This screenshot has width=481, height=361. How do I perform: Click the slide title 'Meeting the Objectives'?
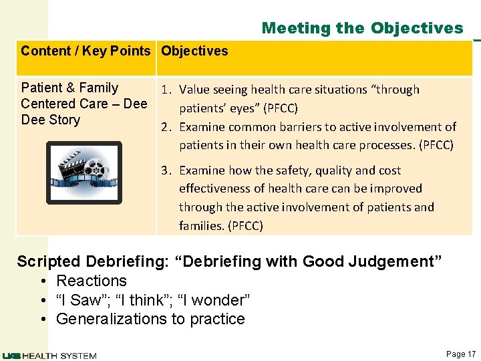(362, 28)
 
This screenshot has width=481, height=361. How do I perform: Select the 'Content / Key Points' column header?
(86, 51)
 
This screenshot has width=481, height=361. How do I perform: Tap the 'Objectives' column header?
(194, 51)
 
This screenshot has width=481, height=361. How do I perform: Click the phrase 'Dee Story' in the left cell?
(50, 120)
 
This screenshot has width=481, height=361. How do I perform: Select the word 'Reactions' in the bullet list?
(92, 281)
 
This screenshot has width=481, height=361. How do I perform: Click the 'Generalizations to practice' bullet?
(150, 319)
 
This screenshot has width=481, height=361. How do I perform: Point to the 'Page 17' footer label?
(460, 354)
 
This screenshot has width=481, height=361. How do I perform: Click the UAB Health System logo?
(49, 356)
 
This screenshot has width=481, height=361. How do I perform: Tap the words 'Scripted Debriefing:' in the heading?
(92, 261)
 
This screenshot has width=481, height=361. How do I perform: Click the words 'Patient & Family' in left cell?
(69, 88)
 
